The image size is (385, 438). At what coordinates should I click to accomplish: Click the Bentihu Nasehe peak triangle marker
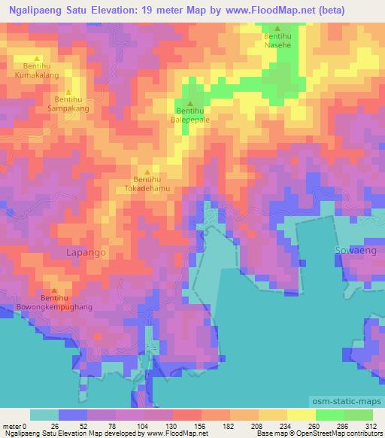point(277,28)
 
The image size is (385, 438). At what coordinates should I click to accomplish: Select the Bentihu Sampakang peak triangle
point(68,92)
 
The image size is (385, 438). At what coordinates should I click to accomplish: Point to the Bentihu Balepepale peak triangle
point(189,103)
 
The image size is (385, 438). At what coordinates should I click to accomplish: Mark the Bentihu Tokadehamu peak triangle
point(147,171)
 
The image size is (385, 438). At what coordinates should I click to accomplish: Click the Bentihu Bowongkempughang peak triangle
point(54,290)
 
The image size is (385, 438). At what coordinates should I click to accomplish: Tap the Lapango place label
point(86,253)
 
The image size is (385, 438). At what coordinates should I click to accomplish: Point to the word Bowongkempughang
point(54,308)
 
